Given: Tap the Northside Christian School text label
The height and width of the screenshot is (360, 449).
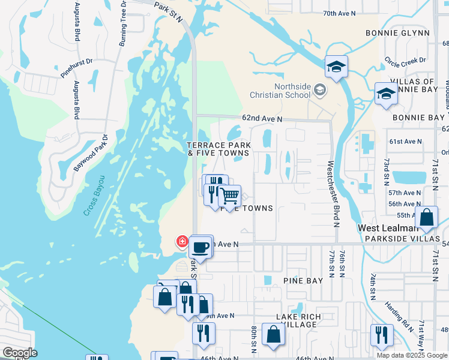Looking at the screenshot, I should pos(281,91).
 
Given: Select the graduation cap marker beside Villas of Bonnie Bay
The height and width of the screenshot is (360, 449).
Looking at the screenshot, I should pos(386,94).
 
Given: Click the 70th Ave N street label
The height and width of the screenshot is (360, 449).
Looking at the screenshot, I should pos(339,13).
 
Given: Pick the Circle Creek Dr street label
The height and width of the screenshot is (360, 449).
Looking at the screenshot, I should pos(405,61).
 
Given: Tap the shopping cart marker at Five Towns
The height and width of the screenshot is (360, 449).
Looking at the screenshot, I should pos(229,196).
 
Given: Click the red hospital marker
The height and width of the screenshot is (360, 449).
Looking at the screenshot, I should pos(181,242).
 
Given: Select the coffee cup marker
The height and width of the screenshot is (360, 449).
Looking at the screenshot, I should pos(200,247).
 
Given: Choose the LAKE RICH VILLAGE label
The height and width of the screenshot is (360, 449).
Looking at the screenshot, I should pos(296,320).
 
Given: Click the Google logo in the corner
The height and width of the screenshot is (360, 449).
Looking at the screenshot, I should pos(20,353).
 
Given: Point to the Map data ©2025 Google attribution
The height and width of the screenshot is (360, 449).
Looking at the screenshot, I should pos(411,355).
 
